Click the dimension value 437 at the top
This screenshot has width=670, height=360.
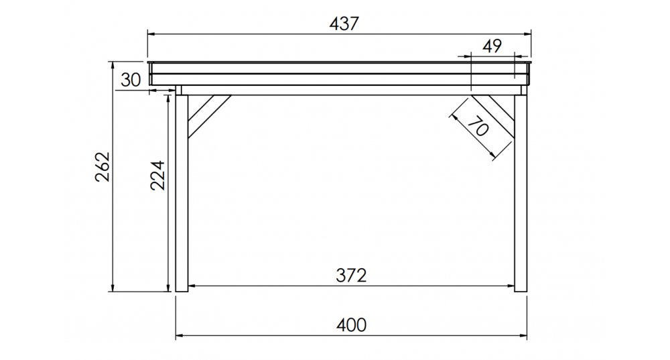pos(344,23)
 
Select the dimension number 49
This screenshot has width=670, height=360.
pos(492,46)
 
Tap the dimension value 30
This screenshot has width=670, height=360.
pos(131,80)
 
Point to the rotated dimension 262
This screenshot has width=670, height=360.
pos(103,167)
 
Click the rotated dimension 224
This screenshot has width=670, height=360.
pos(157,176)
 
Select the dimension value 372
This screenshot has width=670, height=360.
pos(351,275)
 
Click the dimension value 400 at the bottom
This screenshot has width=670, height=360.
pos(351,325)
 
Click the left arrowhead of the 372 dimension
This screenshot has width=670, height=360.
pos(192,286)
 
